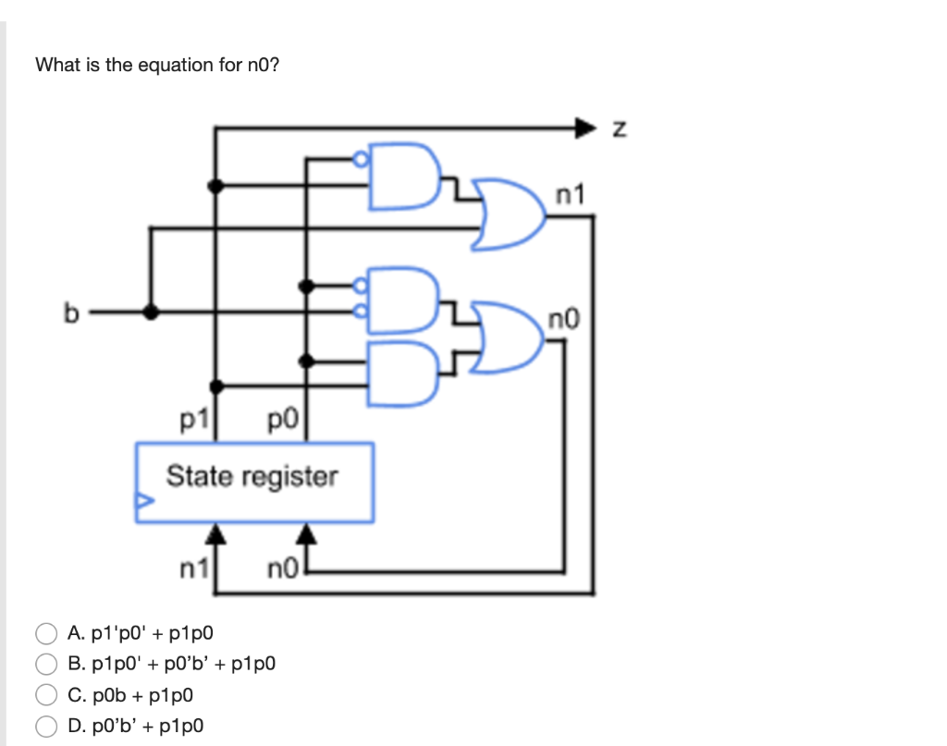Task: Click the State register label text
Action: [x=252, y=477]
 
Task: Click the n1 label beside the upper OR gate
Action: [x=571, y=195]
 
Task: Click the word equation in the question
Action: [x=177, y=65]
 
